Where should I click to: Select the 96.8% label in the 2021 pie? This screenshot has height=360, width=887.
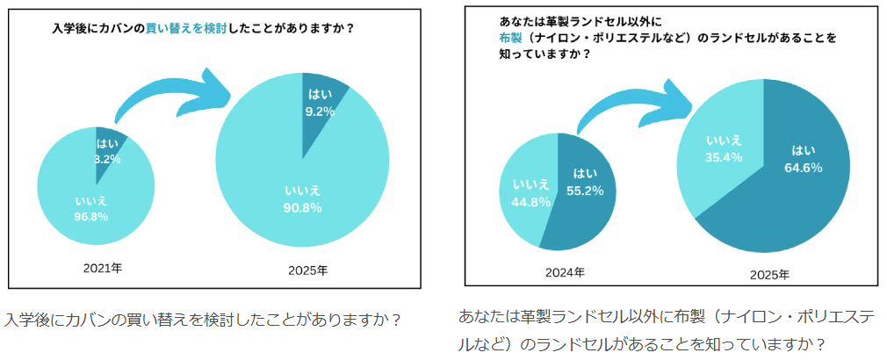point(90,216)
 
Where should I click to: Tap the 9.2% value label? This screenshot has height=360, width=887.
point(321,112)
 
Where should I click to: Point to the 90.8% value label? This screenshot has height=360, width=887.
point(303,208)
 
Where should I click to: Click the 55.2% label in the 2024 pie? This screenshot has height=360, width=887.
point(588,189)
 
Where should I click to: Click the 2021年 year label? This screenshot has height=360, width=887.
point(103,267)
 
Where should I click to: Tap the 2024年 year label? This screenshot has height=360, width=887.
point(565,272)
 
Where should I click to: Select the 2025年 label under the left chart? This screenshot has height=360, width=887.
point(307,270)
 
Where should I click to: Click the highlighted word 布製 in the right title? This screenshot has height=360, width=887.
point(509,38)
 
